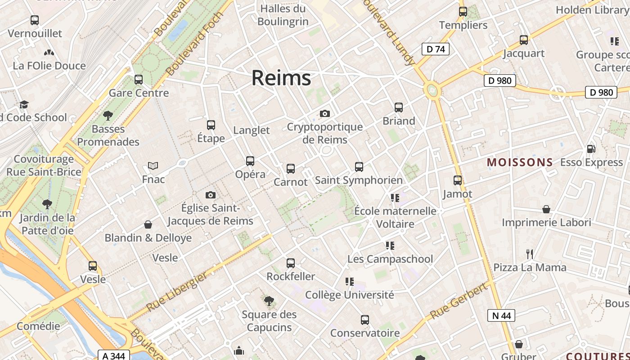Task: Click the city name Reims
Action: [x=281, y=78]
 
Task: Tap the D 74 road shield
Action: [x=435, y=49]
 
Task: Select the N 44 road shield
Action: [x=501, y=315]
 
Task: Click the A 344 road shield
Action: [x=113, y=356]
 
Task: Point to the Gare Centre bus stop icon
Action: [x=139, y=80]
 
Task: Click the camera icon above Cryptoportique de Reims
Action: [x=324, y=113]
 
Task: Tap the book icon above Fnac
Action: [x=153, y=166]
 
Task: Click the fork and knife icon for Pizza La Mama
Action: [x=530, y=254]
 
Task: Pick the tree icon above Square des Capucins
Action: [x=269, y=301]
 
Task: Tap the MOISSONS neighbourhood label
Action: [x=520, y=162]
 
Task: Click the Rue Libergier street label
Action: [x=178, y=292]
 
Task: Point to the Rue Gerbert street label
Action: [x=459, y=301]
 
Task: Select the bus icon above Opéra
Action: [x=250, y=161]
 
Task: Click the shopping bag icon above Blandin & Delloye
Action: [x=148, y=225]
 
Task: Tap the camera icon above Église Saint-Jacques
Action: [x=210, y=195]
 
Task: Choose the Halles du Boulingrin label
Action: [x=283, y=14]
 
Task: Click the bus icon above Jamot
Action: [x=458, y=180]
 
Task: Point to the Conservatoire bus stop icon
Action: [x=365, y=320]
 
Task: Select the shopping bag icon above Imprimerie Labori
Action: [x=546, y=209]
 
